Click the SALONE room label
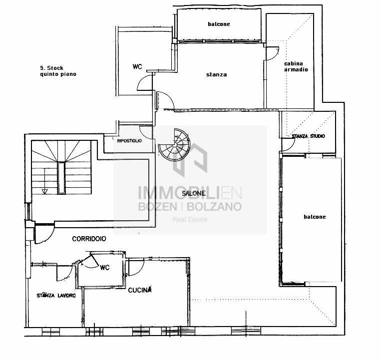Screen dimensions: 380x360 click(194, 193)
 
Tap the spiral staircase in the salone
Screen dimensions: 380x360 click(174, 145)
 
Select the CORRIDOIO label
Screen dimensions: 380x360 click(89, 239)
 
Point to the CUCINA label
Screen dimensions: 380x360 click(140, 290)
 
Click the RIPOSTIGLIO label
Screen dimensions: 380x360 click(129, 141)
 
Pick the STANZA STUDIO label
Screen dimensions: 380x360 click(308, 136)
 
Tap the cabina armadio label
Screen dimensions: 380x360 click(296, 66)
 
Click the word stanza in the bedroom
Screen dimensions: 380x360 click(216, 74)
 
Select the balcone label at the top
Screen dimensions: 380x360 click(219, 24)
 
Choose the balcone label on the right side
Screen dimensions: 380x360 click(315, 217)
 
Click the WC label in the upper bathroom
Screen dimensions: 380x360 click(137, 66)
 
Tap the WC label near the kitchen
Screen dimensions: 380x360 click(105, 268)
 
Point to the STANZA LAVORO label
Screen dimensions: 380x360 click(56, 296)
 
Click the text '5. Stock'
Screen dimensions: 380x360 click(51, 68)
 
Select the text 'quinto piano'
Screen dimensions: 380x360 click(58, 74)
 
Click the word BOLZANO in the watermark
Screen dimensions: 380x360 click(214, 207)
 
